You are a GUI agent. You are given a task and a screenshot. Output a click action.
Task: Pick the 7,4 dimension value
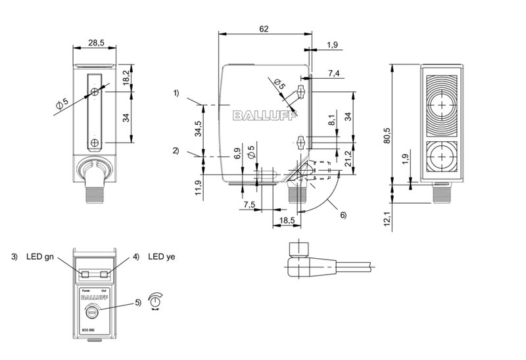tap(333, 73)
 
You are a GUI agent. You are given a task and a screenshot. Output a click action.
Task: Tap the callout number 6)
tap(342, 215)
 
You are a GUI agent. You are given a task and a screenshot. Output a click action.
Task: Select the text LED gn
tap(37, 256)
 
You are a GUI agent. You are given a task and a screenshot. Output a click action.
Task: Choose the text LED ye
tap(162, 256)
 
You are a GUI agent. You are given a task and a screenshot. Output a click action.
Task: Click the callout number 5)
tap(137, 303)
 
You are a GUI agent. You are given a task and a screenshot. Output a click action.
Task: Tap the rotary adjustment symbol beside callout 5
tap(155, 300)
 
